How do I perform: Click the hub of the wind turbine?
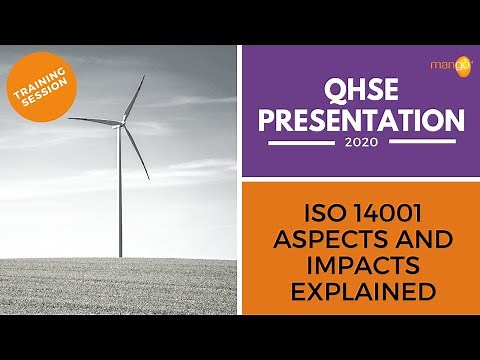point(120,124)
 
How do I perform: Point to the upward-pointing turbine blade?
point(133,98)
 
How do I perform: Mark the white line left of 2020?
point(300,142)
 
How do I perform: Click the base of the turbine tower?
point(120,256)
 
